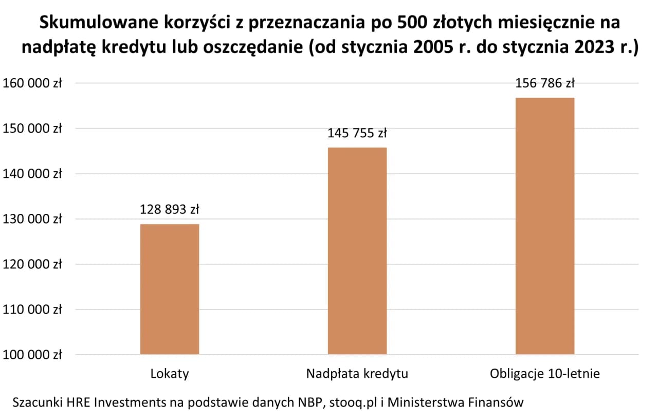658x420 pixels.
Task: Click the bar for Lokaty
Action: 170,289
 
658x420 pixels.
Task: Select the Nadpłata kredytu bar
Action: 357,251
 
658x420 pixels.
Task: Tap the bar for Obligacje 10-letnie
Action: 545,226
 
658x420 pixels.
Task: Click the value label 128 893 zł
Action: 170,210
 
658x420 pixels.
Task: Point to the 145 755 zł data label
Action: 357,134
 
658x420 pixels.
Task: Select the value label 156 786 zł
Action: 545,83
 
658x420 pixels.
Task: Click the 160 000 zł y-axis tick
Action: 32,83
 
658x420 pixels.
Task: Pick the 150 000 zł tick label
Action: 32,129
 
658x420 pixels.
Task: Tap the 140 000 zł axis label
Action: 32,174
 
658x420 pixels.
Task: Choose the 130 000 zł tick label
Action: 32,219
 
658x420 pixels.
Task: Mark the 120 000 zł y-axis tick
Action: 32,264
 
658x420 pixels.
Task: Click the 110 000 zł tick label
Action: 32,309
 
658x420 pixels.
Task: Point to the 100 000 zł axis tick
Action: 32,355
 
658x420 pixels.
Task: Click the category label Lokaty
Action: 170,374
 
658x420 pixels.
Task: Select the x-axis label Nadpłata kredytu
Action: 357,374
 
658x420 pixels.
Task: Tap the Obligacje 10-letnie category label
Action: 545,374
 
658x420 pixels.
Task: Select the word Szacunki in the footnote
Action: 36,402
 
